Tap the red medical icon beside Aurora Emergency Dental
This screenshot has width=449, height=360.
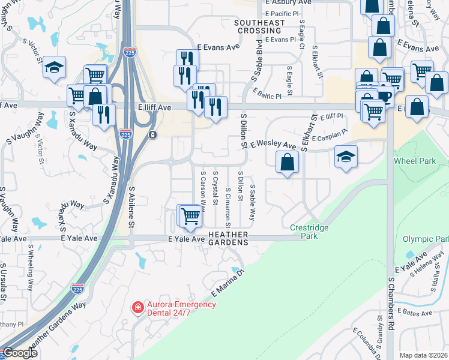137,308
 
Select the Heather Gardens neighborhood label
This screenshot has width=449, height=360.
228,238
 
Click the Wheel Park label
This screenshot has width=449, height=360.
415,161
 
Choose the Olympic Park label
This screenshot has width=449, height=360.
426,239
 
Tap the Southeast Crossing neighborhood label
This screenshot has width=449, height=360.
259,26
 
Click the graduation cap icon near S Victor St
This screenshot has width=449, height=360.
54,67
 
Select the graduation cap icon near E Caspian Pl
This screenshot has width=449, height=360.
346,156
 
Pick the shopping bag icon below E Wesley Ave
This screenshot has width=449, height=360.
288,161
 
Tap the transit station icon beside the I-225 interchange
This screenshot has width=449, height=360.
154,134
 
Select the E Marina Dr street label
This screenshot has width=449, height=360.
229,283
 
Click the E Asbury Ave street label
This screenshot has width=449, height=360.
288,3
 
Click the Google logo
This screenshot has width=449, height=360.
20,353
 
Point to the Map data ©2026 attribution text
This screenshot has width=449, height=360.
423,355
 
